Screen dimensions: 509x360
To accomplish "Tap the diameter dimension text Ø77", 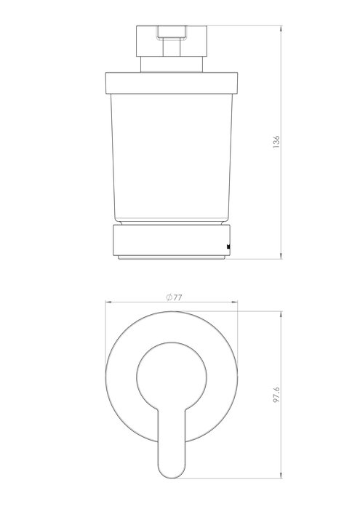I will pos(173,297).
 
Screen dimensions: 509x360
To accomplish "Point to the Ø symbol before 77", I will pos(168,297).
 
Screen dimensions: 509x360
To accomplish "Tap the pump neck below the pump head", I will pos(172,61).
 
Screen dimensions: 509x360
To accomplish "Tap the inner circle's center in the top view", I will pos(172,374).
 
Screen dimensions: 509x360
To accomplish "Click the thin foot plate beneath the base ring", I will pos(172,255).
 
